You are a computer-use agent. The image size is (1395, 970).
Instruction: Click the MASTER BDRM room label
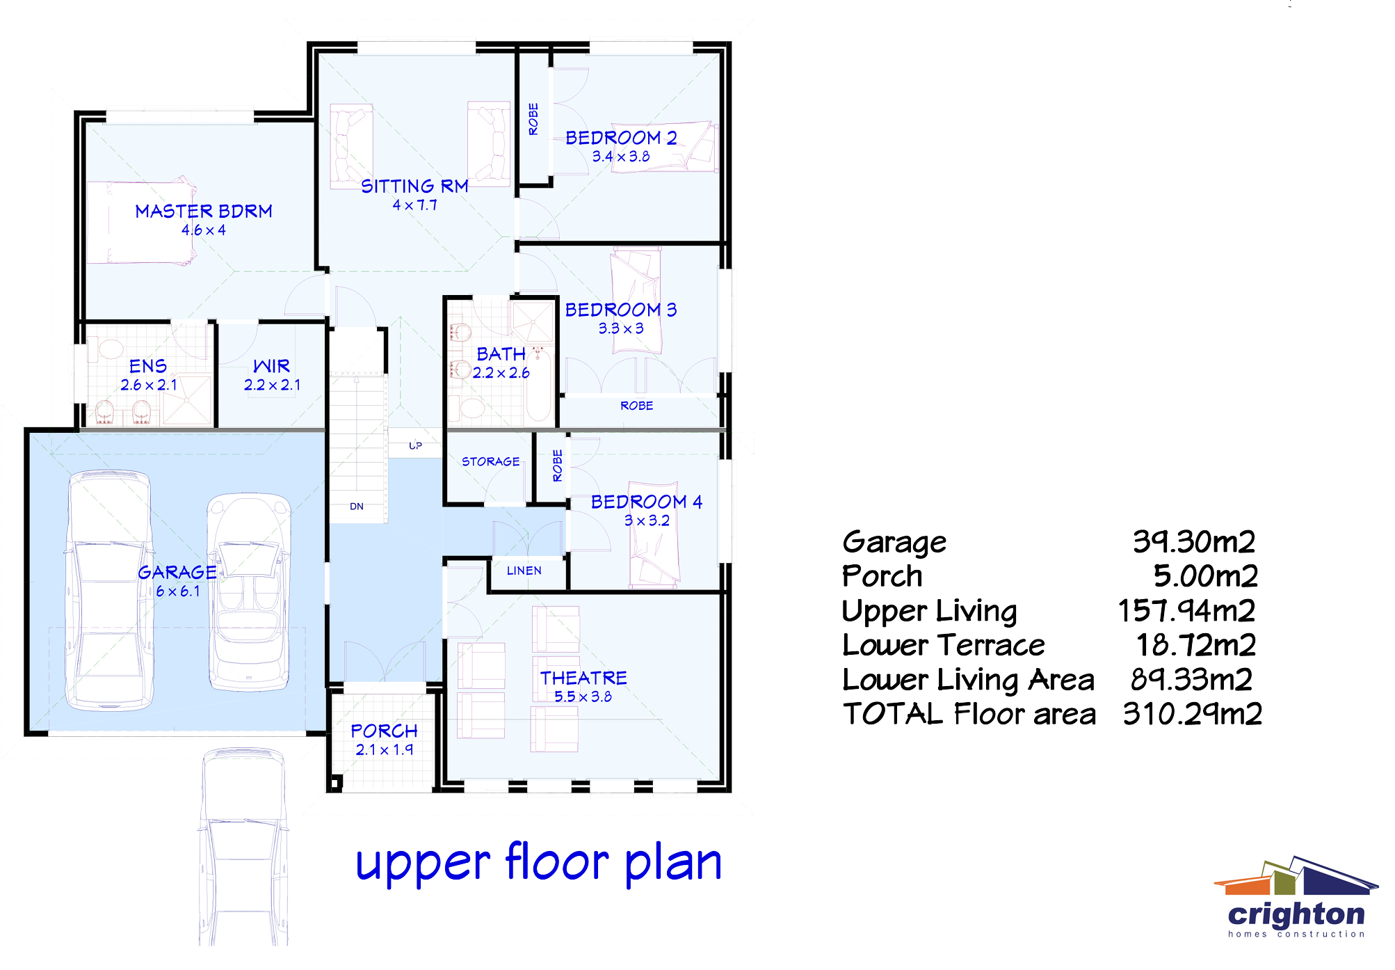point(203,212)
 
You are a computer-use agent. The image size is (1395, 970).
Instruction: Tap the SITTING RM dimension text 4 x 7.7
point(414,205)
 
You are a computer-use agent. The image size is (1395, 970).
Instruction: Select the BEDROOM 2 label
point(620,138)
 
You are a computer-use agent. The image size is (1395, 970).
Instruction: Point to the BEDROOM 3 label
point(620,310)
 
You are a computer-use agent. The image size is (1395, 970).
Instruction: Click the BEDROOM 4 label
point(646,502)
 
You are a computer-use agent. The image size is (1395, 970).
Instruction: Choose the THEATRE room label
point(583,678)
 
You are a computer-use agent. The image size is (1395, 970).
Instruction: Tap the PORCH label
point(384,731)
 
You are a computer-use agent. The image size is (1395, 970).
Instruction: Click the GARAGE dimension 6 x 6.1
point(177,591)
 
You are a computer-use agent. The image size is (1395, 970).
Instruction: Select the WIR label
point(271,366)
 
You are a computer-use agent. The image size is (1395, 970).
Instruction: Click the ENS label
point(147,366)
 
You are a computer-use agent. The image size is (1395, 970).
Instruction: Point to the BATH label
point(501,354)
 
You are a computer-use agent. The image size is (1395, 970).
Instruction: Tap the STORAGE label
point(490,461)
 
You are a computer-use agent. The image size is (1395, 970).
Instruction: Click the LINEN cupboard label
point(524,571)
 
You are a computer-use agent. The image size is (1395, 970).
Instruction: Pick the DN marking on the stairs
point(357,507)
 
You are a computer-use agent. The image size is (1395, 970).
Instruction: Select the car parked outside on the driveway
point(243,845)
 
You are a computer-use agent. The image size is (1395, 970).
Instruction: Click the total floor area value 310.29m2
point(1192,714)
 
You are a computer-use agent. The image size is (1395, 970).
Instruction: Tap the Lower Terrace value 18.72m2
point(1195,645)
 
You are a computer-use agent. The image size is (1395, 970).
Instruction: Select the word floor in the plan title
point(556,863)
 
